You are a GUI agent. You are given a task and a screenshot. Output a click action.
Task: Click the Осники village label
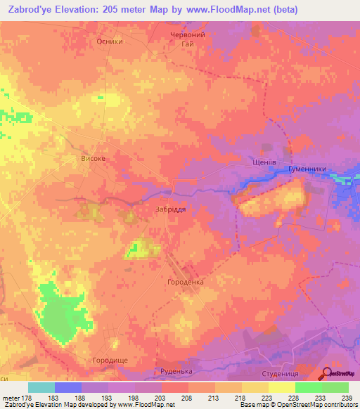[110, 41]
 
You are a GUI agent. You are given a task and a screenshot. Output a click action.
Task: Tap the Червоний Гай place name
[187, 39]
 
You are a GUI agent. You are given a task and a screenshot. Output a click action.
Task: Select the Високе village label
[94, 159]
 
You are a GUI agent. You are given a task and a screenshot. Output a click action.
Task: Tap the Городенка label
[185, 283]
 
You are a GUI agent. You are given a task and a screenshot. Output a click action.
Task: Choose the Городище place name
[111, 360]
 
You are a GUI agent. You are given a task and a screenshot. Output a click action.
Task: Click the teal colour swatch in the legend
[41, 387]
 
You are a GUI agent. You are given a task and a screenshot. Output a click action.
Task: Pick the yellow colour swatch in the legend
[281, 387]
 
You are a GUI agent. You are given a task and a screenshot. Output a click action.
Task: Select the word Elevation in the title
[89, 10]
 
